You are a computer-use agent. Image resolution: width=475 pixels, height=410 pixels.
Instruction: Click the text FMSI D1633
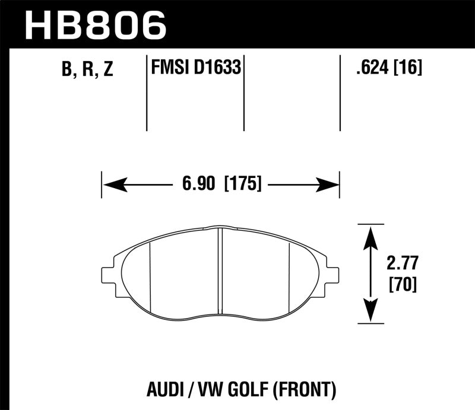point(196,68)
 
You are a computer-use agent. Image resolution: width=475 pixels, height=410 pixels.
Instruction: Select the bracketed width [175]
point(243,185)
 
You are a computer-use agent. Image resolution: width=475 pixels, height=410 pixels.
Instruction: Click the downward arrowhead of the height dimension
point(370,310)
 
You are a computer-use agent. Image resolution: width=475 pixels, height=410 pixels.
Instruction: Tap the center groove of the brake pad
point(220,270)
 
